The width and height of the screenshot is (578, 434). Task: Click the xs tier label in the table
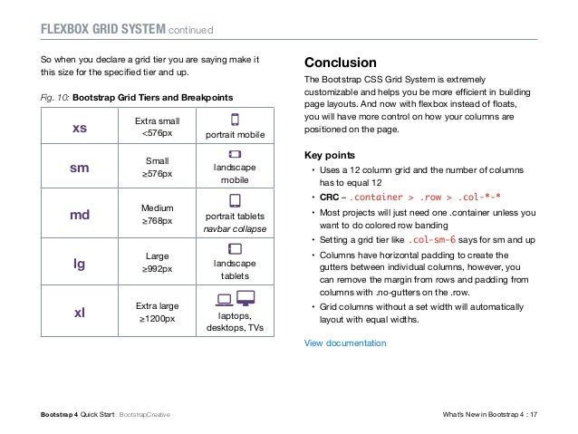point(79,129)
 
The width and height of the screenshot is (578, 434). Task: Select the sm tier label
point(79,169)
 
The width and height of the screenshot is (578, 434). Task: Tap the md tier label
point(79,217)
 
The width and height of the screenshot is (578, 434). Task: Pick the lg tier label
point(79,263)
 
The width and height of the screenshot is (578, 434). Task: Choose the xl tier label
point(79,312)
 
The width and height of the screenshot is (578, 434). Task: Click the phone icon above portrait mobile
point(235,120)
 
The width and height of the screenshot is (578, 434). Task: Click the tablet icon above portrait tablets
point(235,200)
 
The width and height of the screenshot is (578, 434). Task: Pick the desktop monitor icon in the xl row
point(246,298)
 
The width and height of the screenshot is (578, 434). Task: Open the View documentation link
point(344,343)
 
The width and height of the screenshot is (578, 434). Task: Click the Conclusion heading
point(340,63)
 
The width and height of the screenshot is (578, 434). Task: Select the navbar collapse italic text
point(235,231)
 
